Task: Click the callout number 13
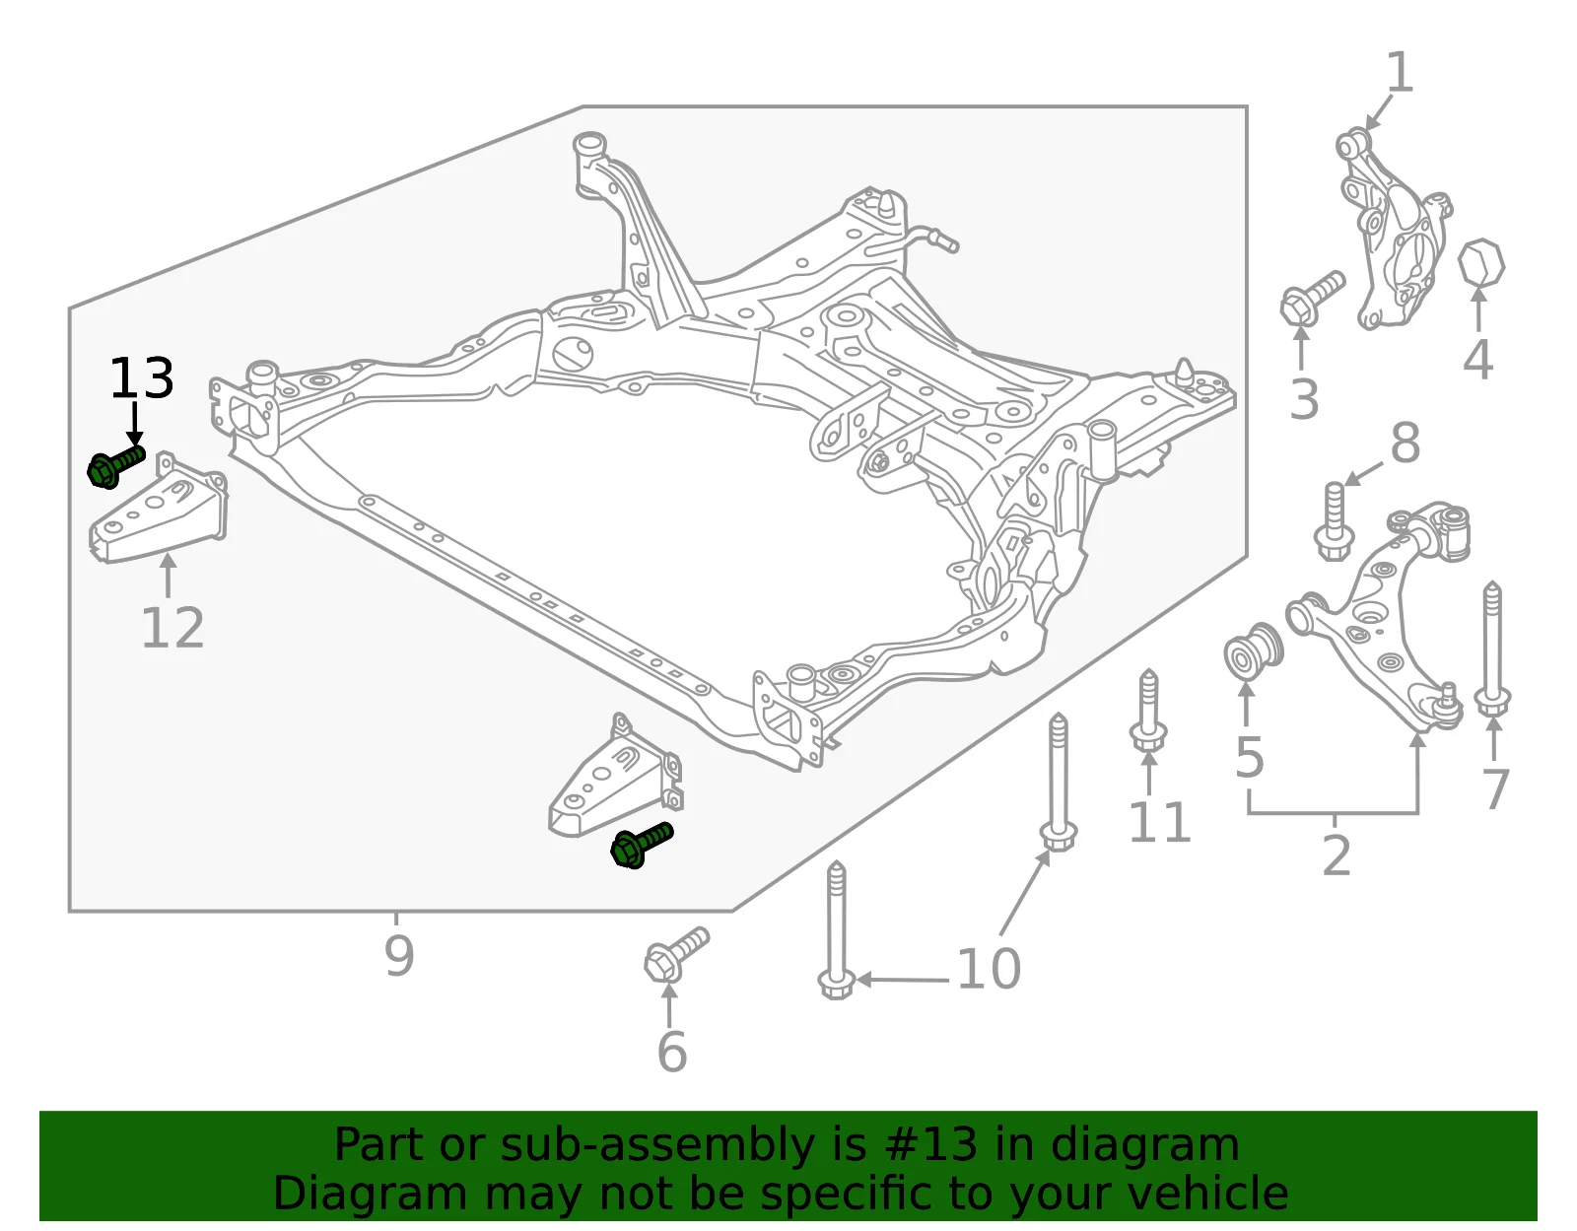click(142, 378)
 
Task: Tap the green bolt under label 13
click(116, 467)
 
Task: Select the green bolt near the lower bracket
click(643, 845)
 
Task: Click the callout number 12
click(172, 628)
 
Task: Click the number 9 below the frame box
click(399, 955)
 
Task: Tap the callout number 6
click(671, 1052)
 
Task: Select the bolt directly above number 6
click(676, 955)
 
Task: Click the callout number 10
click(989, 969)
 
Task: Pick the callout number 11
click(1160, 822)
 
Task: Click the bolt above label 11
click(1148, 711)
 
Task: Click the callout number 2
click(1337, 855)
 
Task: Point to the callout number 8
click(1405, 443)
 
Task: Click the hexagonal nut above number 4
click(1481, 262)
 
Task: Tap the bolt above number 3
click(1312, 298)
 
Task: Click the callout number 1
click(1401, 72)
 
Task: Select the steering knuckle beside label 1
click(1394, 229)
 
